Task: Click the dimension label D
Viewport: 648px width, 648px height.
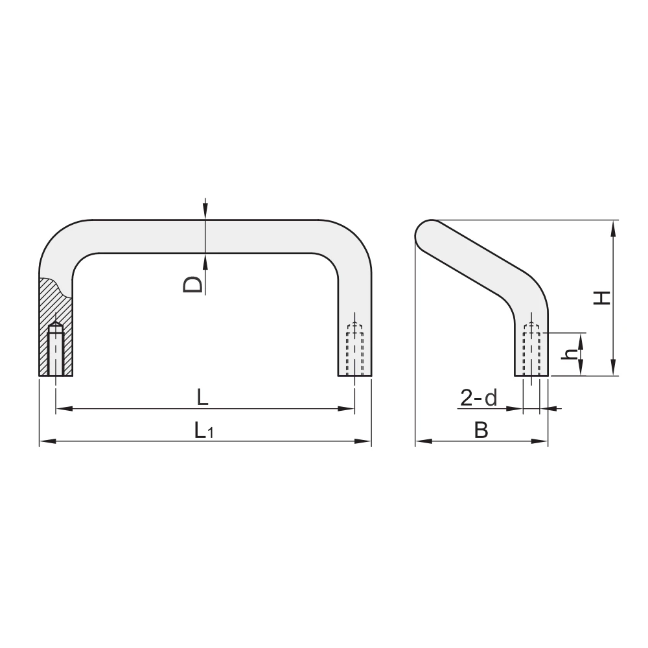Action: tap(193, 284)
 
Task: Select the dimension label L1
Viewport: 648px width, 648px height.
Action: tap(204, 431)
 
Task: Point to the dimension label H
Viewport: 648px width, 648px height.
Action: tap(602, 297)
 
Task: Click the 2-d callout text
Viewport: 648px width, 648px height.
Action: tap(479, 398)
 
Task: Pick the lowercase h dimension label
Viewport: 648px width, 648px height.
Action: tap(571, 354)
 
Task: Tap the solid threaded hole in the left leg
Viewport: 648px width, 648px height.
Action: tap(55, 349)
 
